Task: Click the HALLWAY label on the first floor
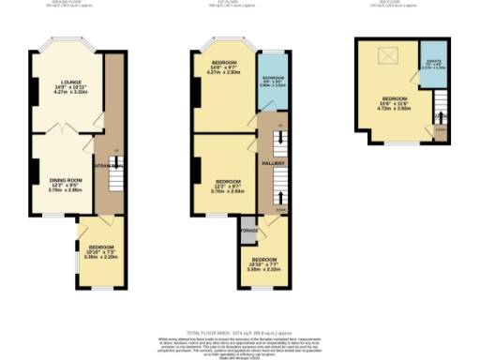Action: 273,163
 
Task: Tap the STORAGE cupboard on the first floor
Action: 248,230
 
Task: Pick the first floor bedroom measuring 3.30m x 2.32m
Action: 263,264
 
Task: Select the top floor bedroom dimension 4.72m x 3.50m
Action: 395,107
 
